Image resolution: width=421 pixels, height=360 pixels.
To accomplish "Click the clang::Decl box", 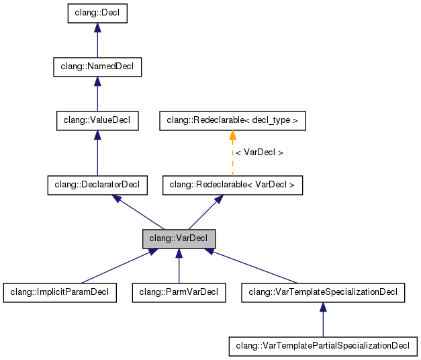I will click(97, 13).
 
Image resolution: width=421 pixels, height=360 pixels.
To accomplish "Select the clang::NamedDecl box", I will click(97, 66).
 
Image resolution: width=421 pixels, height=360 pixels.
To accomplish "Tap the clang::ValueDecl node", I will click(97, 121).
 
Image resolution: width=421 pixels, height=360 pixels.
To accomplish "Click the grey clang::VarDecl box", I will click(179, 238).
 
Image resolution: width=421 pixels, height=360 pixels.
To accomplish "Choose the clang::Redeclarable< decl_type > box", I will click(232, 121).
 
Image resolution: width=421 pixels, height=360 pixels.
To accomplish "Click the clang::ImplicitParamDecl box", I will click(60, 292).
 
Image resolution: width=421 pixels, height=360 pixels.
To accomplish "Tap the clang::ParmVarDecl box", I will click(179, 292).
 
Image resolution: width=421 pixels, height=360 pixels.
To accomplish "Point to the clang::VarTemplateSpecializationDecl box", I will click(323, 292).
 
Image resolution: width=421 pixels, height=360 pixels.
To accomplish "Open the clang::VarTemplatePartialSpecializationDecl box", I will click(323, 346).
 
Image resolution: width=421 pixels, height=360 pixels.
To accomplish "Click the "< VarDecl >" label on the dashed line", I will click(259, 153).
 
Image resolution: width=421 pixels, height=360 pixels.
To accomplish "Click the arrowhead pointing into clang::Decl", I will click(97, 28).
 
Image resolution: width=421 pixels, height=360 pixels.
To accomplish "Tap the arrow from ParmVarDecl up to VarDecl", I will click(179, 269).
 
